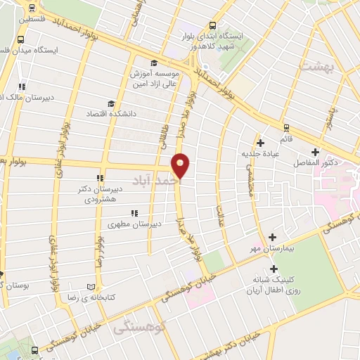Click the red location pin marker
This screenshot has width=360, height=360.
click(x=181, y=165)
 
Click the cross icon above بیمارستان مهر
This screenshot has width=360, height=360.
click(x=273, y=237)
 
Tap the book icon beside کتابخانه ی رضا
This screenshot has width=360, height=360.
click(x=89, y=287)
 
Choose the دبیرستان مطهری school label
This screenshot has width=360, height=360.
click(x=133, y=224)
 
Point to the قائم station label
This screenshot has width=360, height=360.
click(x=285, y=140)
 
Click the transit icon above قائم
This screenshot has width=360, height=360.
click(x=285, y=128)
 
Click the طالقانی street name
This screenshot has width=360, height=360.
click(x=159, y=127)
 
